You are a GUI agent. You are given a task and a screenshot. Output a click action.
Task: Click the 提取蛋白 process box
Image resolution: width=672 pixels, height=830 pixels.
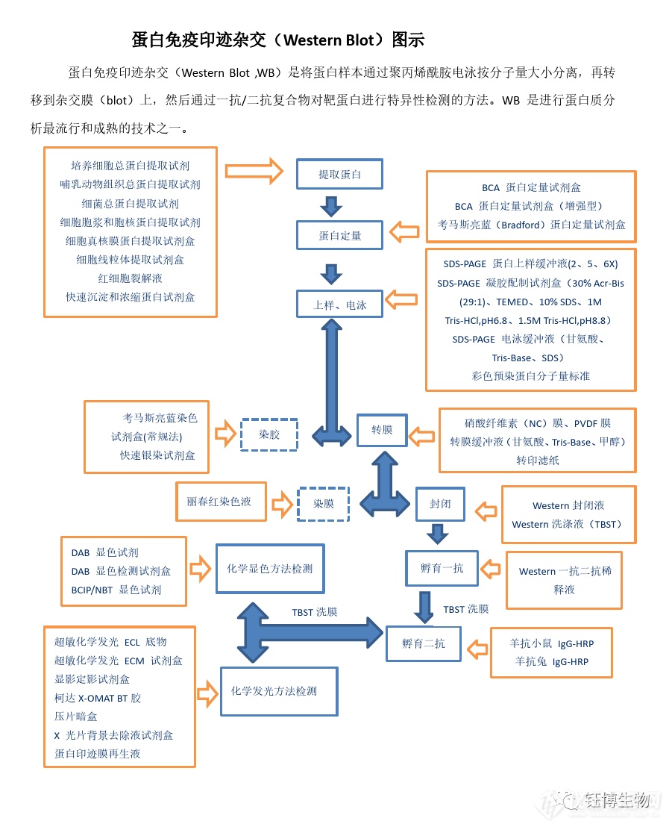339,175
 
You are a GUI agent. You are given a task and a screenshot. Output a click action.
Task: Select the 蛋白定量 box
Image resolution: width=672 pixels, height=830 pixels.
339,235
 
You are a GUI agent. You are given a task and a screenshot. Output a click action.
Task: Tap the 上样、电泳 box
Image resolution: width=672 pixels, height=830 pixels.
339,305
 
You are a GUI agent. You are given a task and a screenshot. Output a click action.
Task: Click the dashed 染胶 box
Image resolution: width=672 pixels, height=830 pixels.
269,434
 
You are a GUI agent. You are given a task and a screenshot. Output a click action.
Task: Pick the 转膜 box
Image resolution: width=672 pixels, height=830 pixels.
381,430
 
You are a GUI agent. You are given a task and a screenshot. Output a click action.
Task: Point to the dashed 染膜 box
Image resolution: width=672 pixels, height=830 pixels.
323,504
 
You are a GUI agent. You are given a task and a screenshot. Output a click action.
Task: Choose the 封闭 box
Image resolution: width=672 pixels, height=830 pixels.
439,504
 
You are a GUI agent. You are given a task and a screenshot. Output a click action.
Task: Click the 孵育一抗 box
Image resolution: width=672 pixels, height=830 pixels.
442,569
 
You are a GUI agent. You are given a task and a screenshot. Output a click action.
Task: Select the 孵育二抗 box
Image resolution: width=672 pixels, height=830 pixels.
423,643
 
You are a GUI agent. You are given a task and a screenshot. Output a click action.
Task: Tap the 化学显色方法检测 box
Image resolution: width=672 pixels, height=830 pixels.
269,569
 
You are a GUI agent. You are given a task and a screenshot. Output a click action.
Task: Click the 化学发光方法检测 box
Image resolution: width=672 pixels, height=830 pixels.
278,691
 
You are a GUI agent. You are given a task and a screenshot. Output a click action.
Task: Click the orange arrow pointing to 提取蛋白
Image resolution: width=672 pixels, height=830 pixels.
254,171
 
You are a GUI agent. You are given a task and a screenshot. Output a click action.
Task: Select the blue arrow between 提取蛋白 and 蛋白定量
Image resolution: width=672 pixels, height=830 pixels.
330,205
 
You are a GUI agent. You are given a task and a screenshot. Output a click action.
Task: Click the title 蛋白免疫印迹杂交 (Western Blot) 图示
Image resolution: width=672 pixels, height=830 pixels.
277,40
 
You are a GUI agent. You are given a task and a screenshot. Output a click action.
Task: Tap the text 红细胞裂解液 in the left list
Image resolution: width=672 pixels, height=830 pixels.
131,278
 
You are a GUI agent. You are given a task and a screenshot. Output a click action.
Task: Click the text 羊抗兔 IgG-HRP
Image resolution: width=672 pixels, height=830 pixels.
551,661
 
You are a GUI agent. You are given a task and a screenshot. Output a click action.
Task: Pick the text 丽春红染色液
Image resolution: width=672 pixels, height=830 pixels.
219,502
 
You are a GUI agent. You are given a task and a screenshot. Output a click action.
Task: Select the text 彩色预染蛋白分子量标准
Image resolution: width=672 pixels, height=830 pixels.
530,376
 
